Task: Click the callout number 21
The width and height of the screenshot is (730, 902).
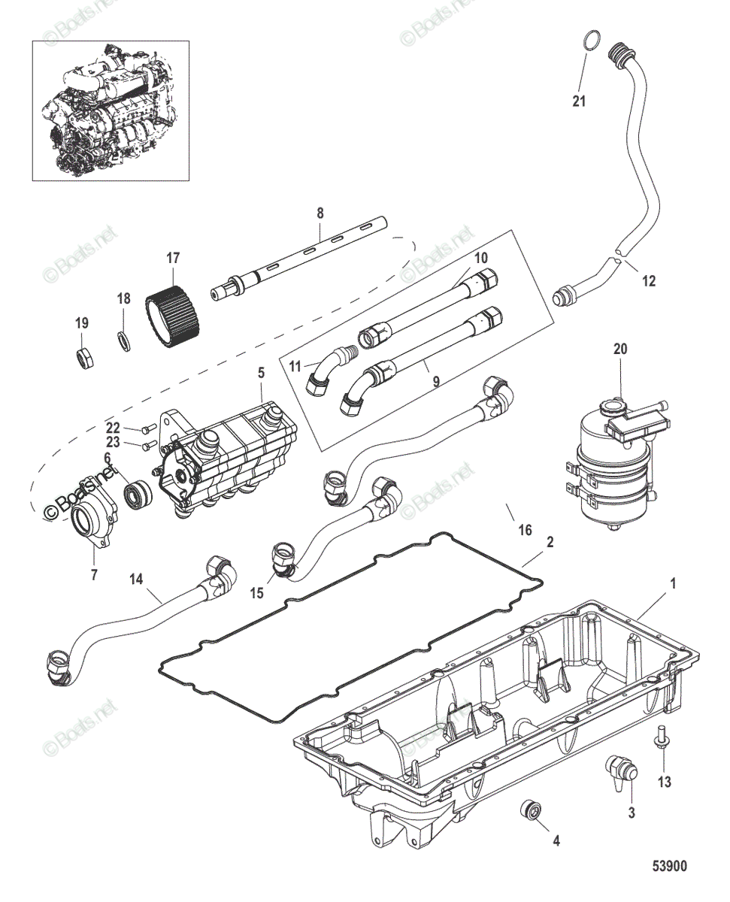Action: [578, 101]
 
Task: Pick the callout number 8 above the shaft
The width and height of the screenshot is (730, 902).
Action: [320, 213]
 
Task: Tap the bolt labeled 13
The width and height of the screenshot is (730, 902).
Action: [664, 737]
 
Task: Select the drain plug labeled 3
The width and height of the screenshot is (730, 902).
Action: [620, 773]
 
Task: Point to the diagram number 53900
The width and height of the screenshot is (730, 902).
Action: [668, 867]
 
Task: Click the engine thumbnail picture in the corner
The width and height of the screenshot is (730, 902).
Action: [110, 111]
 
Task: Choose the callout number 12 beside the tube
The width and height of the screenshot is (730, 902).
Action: [648, 281]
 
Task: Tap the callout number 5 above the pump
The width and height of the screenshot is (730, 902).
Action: [261, 372]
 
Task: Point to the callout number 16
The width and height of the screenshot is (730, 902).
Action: [526, 531]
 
